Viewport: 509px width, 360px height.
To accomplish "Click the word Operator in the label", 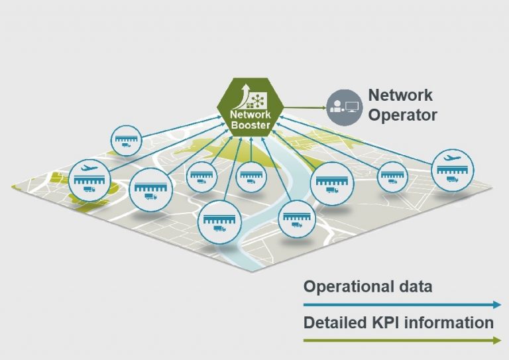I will point(402,115).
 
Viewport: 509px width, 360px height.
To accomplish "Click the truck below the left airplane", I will point(88,190).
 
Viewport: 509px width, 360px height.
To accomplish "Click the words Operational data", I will point(368,286).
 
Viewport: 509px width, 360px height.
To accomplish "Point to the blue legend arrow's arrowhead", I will point(496,305).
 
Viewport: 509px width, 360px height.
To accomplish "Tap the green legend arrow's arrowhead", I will point(496,341).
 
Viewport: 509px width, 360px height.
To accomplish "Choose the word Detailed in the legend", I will point(335,323).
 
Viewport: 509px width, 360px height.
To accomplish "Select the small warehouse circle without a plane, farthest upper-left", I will point(126,141).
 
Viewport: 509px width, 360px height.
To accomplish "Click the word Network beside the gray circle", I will point(400,95).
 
